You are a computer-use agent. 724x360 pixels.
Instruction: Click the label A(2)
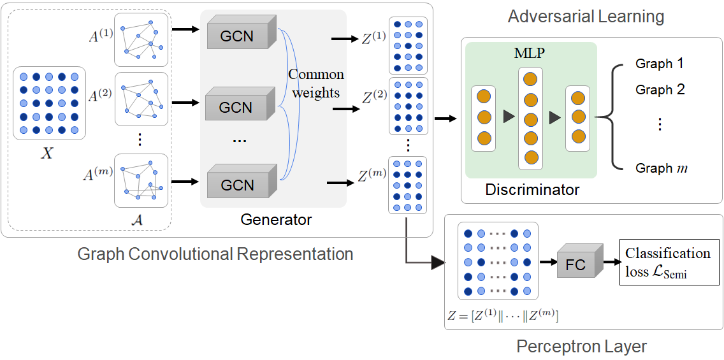101,96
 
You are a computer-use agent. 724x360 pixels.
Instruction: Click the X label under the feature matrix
47,153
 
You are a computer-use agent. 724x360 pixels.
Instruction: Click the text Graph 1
659,64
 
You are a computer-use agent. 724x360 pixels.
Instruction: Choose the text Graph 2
660,90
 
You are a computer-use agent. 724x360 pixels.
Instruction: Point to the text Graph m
662,168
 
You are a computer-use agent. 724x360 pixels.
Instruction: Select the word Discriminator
532,189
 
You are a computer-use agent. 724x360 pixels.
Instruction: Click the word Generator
276,220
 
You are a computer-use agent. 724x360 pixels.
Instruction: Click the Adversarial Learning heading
586,16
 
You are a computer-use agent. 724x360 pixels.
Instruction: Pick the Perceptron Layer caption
581,347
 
